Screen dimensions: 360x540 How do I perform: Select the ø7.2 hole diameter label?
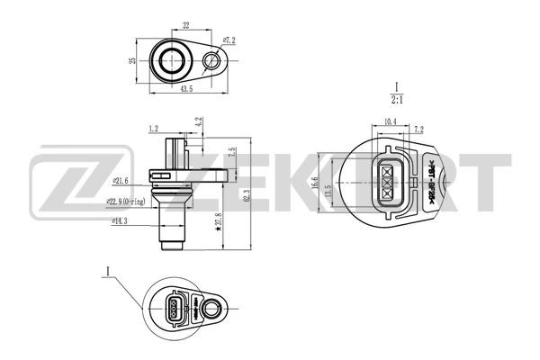229,40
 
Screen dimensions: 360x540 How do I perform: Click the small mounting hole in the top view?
213,60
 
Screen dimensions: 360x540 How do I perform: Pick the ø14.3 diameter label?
122,219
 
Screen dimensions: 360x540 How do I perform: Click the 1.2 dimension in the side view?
154,129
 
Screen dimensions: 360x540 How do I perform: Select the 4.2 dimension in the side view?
198,120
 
